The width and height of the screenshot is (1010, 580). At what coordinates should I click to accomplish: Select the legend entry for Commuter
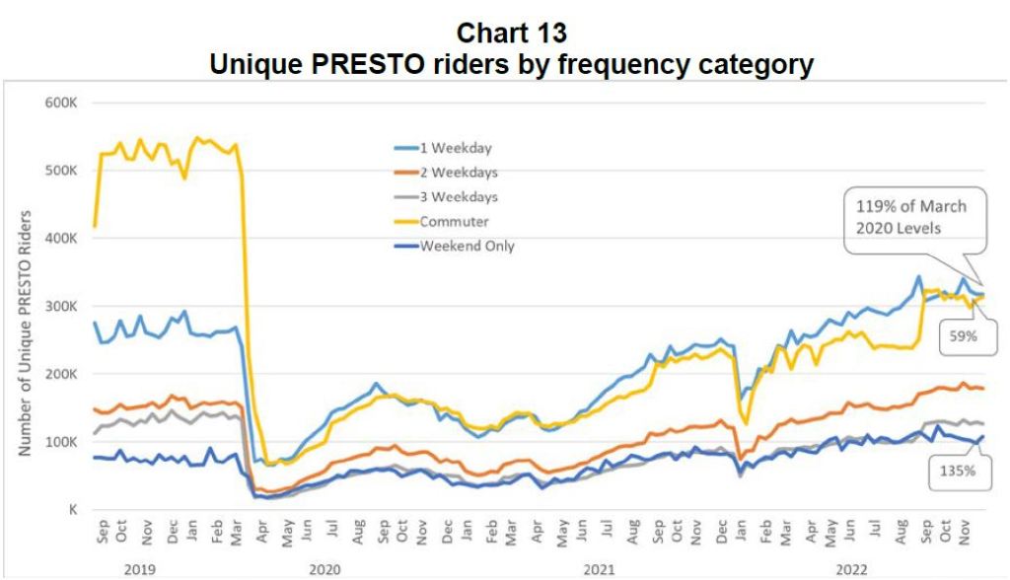tap(453, 221)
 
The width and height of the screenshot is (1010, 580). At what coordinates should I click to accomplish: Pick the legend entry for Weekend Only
tap(467, 246)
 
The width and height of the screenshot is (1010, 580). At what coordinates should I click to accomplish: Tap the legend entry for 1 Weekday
tap(456, 148)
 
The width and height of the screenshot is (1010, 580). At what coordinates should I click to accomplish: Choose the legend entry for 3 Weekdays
tap(459, 196)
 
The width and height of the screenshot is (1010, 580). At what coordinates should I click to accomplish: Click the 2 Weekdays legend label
tap(459, 172)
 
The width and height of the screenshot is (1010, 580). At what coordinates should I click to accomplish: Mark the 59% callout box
tap(964, 335)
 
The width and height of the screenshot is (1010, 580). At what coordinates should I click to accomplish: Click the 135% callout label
tap(955, 471)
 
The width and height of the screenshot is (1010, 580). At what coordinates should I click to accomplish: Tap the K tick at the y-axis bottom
tap(72, 509)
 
